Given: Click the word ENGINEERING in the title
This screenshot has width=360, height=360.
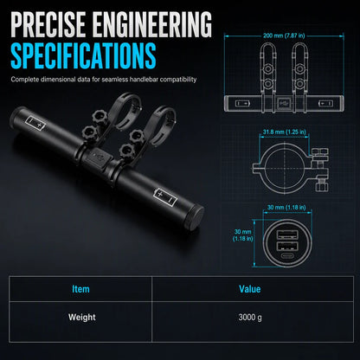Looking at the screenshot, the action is [x=152, y=24].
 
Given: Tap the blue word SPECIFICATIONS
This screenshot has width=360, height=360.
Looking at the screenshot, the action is [x=83, y=55].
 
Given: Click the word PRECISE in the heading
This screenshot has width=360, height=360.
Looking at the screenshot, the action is [x=48, y=24].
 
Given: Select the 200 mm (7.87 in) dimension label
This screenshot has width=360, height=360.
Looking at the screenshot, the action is [x=284, y=35].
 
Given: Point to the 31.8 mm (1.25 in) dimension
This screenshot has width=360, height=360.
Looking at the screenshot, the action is [x=285, y=132].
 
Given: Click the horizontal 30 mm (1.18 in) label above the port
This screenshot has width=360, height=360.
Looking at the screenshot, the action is [x=286, y=208].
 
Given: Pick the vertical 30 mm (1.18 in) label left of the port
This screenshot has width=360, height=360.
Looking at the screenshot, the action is [x=242, y=235].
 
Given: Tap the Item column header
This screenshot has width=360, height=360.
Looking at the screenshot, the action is [x=80, y=289].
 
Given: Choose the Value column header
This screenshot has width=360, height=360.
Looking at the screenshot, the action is [x=250, y=289].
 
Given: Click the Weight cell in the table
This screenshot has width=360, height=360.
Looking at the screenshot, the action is [x=82, y=318].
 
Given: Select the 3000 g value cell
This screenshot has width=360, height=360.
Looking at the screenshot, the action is [x=250, y=318].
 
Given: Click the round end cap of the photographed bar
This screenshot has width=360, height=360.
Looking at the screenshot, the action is [x=197, y=215].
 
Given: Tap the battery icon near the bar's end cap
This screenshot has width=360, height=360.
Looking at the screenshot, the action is [x=166, y=197].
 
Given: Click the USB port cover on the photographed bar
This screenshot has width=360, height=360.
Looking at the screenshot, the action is [x=97, y=157].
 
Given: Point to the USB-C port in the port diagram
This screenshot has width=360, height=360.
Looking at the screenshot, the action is [x=287, y=257].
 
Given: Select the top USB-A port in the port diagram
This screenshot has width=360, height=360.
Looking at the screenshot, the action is [x=287, y=235].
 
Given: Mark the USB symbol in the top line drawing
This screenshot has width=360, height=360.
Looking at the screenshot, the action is [x=284, y=103].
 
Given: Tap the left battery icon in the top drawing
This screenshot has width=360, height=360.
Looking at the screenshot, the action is [x=242, y=103].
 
